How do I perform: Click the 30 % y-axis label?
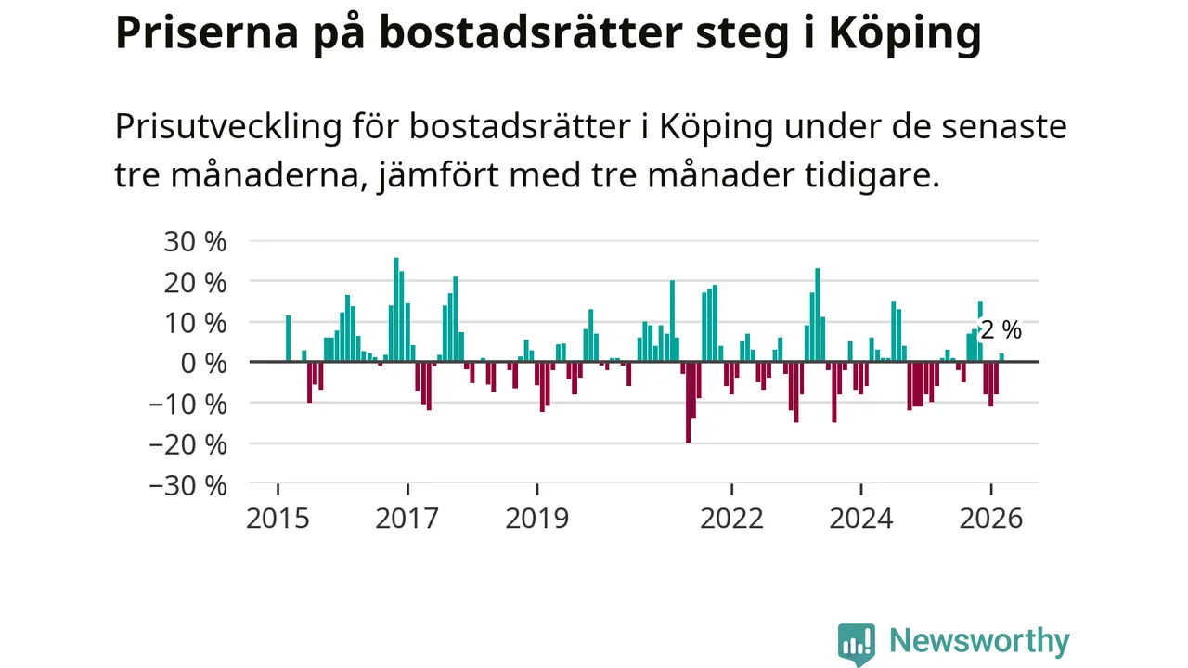[x=194, y=242]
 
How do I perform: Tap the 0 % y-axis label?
[x=203, y=364]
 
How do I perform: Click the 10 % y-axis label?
[x=194, y=324]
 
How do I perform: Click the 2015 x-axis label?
[x=278, y=518]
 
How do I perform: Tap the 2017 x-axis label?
[x=407, y=518]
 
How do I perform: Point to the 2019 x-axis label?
[x=536, y=518]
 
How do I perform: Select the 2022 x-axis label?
[x=731, y=518]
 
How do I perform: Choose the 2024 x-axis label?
[x=861, y=518]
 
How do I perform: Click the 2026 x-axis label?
[x=990, y=518]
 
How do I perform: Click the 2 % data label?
[x=1001, y=330]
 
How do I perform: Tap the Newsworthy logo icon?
[x=856, y=643]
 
